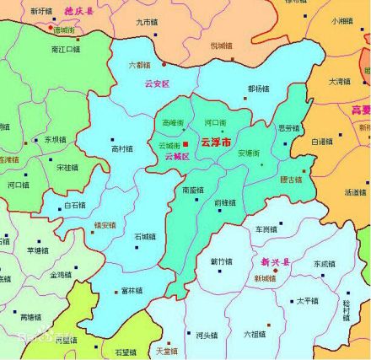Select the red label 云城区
(x=177, y=157)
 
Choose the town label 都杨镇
(x=259, y=87)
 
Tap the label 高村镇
(x=121, y=149)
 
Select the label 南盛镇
(x=193, y=190)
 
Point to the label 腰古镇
(x=290, y=180)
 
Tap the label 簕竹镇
(x=221, y=261)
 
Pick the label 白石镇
(x=75, y=204)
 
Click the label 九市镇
(x=145, y=21)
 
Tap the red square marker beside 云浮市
(x=187, y=144)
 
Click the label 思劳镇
(x=289, y=128)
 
